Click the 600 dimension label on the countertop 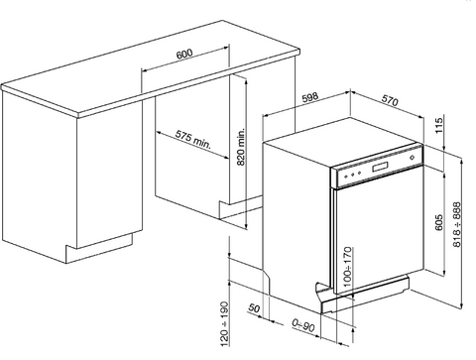184,54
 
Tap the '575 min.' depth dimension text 193,139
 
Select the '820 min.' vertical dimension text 241,147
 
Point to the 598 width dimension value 309,97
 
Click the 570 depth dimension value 390,100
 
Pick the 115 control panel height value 438,125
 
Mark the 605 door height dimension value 438,222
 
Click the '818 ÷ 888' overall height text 457,224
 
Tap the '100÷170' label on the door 347,267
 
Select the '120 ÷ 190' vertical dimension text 224,323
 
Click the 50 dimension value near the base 254,308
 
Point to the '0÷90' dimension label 303,325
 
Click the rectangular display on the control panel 381,167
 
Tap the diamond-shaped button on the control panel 412,158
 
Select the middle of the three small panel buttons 353,175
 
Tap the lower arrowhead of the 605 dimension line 444,274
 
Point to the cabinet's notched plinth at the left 99,248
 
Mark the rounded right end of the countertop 298,52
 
